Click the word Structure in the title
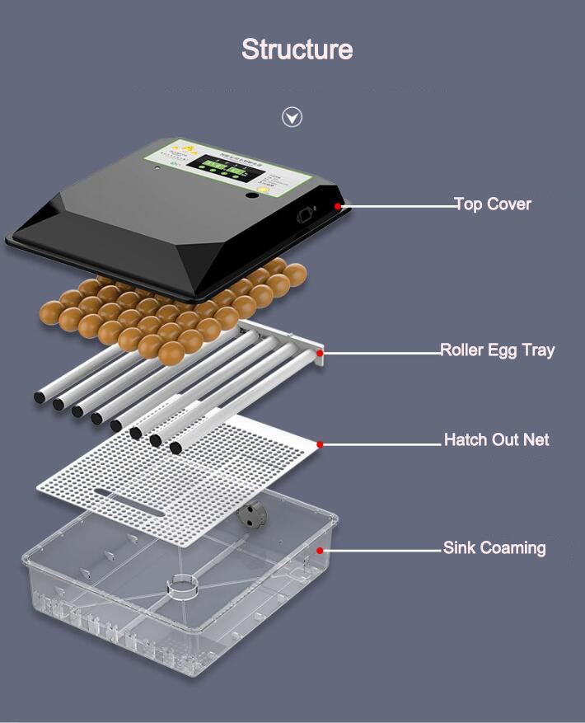click(x=297, y=49)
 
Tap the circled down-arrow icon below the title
click(x=292, y=117)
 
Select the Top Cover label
click(x=493, y=204)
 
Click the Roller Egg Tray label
click(x=497, y=350)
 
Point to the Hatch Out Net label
click(x=496, y=439)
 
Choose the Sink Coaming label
click(x=494, y=547)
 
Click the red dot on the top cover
click(x=338, y=204)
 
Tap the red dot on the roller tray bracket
click(x=320, y=353)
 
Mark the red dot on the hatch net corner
click(x=320, y=444)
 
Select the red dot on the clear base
click(x=321, y=550)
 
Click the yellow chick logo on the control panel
click(x=189, y=151)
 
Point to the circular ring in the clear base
click(x=183, y=586)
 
